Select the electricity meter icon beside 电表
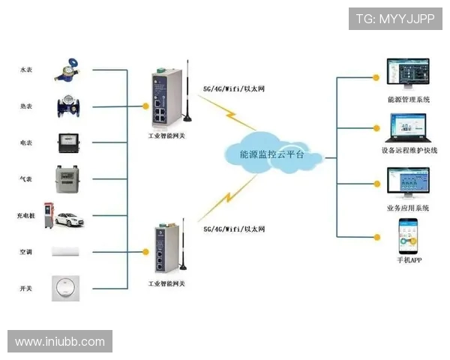pyautogui.click(x=68, y=142)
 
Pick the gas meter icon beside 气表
pyautogui.click(x=69, y=178)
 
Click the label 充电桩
pyautogui.click(x=26, y=216)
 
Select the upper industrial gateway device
pyautogui.click(x=166, y=97)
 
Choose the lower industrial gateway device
pyautogui.click(x=166, y=247)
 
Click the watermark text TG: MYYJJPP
pyautogui.click(x=395, y=19)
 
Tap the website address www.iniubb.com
pyautogui.click(x=60, y=341)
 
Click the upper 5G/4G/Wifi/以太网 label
pyautogui.click(x=234, y=88)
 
